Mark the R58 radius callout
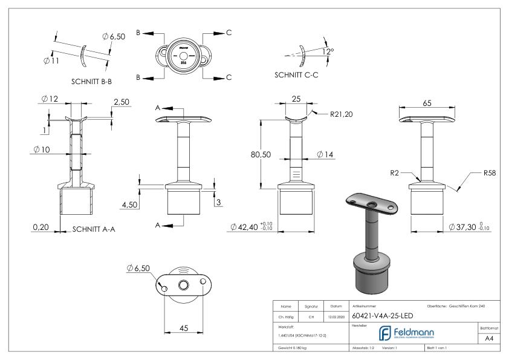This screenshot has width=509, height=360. point(490,173)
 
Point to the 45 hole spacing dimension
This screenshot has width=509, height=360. point(184,328)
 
